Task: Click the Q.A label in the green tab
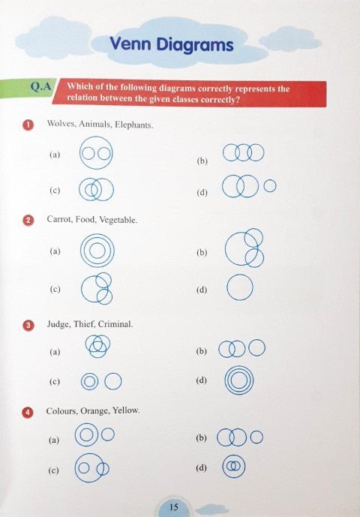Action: click(x=40, y=86)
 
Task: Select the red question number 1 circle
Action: click(x=28, y=125)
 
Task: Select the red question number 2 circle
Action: click(x=28, y=221)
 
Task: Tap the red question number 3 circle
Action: click(x=28, y=325)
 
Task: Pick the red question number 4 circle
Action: click(x=28, y=411)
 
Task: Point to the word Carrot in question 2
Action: click(x=59, y=221)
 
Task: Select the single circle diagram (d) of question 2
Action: click(x=239, y=288)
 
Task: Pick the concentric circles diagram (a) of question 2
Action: click(x=97, y=251)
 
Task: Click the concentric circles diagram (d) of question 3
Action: click(x=238, y=380)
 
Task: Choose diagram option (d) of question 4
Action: click(x=234, y=467)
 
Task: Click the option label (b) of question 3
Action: click(x=201, y=350)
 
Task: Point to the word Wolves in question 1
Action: click(x=60, y=125)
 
